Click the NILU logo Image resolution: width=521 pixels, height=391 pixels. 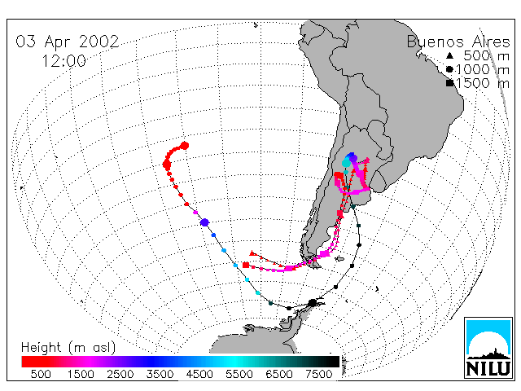tap(488, 348)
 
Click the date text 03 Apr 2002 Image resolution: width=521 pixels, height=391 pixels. tap(68, 42)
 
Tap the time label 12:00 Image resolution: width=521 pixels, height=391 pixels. tap(63, 61)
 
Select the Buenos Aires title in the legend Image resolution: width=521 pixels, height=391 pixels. tap(458, 42)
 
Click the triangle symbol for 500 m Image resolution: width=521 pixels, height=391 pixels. tap(449, 55)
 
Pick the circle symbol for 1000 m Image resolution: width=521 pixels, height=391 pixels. tap(449, 69)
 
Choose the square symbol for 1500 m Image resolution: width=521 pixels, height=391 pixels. tap(449, 83)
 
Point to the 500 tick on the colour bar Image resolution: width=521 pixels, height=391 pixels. tap(41, 375)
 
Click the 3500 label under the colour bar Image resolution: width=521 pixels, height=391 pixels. tap(160, 375)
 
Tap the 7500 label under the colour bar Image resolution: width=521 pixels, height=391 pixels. tap(318, 375)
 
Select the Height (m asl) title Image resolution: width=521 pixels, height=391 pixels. tap(68, 348)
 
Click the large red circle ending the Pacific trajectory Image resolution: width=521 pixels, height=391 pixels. tap(185, 146)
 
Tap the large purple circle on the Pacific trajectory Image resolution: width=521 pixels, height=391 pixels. tap(204, 222)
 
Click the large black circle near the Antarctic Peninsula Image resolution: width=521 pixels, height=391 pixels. tap(313, 303)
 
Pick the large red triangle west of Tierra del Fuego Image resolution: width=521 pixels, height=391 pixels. tap(252, 253)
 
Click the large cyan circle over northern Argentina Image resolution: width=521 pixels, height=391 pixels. tap(346, 163)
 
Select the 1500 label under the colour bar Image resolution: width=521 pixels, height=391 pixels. tap(81, 375)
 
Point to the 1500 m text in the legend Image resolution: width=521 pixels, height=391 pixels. tap(483, 83)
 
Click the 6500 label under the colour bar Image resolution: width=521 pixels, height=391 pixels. tap(279, 375)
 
